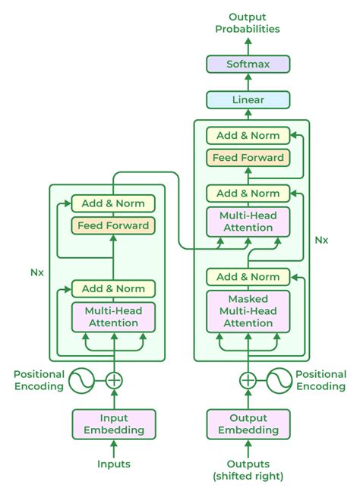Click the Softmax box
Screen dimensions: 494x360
tap(248, 64)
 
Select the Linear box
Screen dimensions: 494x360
tap(248, 99)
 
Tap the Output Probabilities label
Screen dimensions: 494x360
tap(248, 22)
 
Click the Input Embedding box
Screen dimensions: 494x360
tap(113, 423)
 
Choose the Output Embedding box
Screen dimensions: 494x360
tap(248, 423)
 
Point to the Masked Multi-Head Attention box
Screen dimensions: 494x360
tap(248, 310)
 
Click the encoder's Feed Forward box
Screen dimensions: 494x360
tap(113, 225)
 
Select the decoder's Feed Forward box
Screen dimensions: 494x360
tap(248, 158)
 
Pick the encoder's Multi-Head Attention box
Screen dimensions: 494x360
tap(113, 316)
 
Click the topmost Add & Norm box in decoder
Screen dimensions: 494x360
tap(248, 136)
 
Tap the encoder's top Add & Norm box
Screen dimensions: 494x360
tap(113, 203)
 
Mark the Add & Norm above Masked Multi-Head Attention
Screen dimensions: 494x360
tap(248, 276)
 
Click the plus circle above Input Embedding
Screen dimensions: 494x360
tap(113, 380)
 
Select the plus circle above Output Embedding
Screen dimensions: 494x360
tap(248, 380)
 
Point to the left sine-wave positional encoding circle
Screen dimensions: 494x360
tap(82, 380)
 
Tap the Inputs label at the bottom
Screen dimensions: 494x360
tap(113, 464)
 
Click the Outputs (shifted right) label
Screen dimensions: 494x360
tap(248, 470)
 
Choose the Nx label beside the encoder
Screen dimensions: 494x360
tap(36, 272)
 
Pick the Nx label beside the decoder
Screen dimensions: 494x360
tap(321, 239)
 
